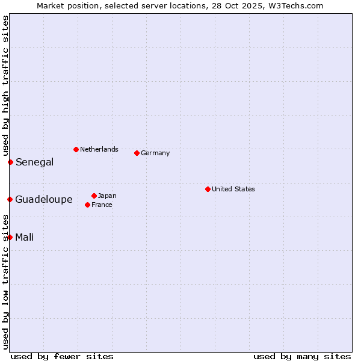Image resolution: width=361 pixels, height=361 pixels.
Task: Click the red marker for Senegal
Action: click(10, 162)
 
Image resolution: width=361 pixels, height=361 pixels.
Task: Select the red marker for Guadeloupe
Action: click(10, 199)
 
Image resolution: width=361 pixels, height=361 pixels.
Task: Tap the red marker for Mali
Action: click(10, 237)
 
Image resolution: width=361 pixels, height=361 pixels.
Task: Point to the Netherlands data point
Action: click(76, 149)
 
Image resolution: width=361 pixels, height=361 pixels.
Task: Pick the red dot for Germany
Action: click(137, 153)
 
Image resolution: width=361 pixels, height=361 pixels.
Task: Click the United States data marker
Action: click(208, 189)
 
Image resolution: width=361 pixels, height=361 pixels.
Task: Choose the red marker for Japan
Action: click(94, 196)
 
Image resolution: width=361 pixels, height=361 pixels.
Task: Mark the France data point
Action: click(87, 205)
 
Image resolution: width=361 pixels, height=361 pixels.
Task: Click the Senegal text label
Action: click(34, 162)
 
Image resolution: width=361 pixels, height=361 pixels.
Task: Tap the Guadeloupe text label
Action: click(44, 199)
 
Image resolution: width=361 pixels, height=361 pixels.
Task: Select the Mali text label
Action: click(25, 237)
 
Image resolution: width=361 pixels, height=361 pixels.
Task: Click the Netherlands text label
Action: click(99, 149)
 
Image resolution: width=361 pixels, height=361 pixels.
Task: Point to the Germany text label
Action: click(155, 153)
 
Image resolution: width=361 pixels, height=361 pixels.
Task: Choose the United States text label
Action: click(233, 189)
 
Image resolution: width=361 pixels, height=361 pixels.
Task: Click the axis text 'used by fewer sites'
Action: click(62, 356)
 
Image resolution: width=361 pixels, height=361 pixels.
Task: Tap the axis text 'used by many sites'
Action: click(302, 356)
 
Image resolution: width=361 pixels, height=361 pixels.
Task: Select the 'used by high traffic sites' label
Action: click(5, 85)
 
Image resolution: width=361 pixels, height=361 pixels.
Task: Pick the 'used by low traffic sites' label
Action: click(5, 282)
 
